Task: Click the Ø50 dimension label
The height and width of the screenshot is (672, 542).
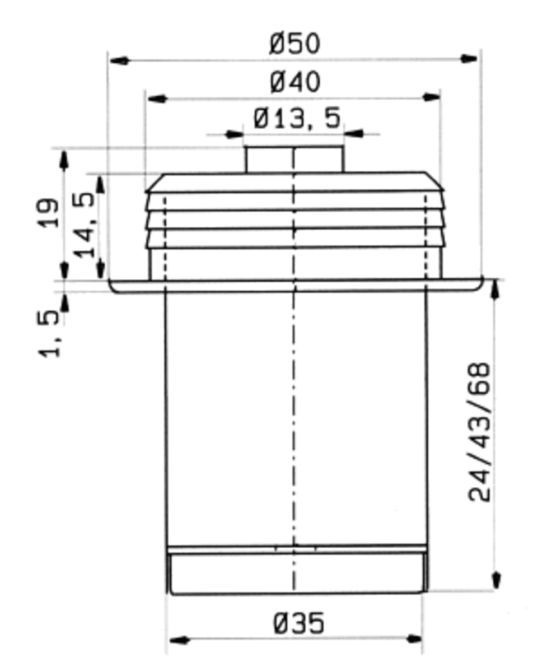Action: click(x=295, y=44)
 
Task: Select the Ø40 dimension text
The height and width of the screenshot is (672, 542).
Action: click(x=295, y=83)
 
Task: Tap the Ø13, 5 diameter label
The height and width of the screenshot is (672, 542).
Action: click(x=297, y=119)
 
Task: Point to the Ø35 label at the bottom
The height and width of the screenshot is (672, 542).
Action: click(x=299, y=623)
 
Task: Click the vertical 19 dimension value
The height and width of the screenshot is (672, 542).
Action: click(x=50, y=212)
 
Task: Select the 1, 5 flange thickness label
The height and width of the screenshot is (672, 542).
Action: click(x=50, y=334)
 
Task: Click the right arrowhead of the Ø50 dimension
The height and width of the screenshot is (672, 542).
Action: click(x=469, y=59)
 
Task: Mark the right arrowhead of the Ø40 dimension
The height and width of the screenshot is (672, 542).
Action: click(x=431, y=97)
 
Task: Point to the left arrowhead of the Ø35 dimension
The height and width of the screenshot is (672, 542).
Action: click(x=178, y=640)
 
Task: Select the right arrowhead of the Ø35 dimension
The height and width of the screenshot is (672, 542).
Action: click(x=414, y=639)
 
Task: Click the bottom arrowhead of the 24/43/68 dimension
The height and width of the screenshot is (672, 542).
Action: click(x=496, y=580)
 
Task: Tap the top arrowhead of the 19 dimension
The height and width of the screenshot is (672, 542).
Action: click(x=64, y=159)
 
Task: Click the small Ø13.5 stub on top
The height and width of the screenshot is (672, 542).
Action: click(x=295, y=159)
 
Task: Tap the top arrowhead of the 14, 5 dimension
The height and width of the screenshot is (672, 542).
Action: click(x=100, y=184)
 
